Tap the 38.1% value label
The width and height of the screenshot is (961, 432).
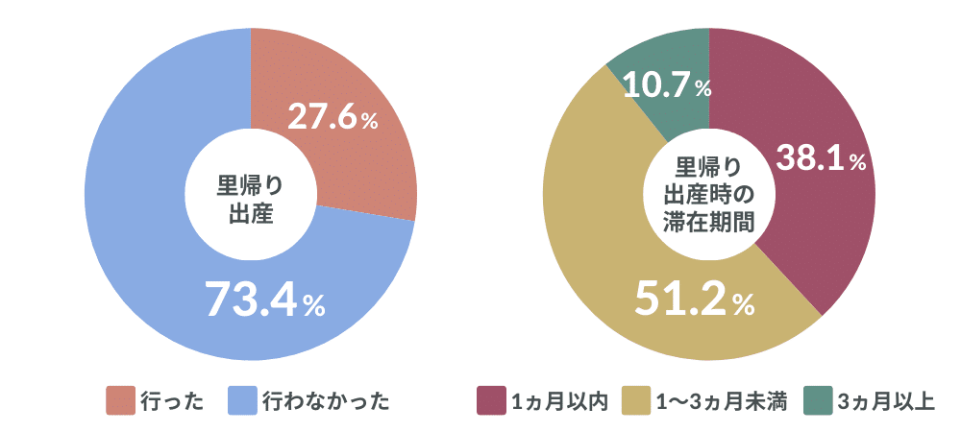click(821, 159)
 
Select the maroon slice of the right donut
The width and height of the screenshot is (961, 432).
click(826, 221)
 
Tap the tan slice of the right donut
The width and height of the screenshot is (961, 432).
click(596, 240)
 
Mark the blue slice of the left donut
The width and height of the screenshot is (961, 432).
click(144, 240)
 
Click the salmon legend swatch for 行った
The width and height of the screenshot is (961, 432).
click(120, 400)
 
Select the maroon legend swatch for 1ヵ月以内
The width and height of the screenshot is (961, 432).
click(491, 400)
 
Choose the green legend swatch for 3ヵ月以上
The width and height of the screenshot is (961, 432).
click(818, 400)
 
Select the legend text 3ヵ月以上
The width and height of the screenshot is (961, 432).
click(885, 400)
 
